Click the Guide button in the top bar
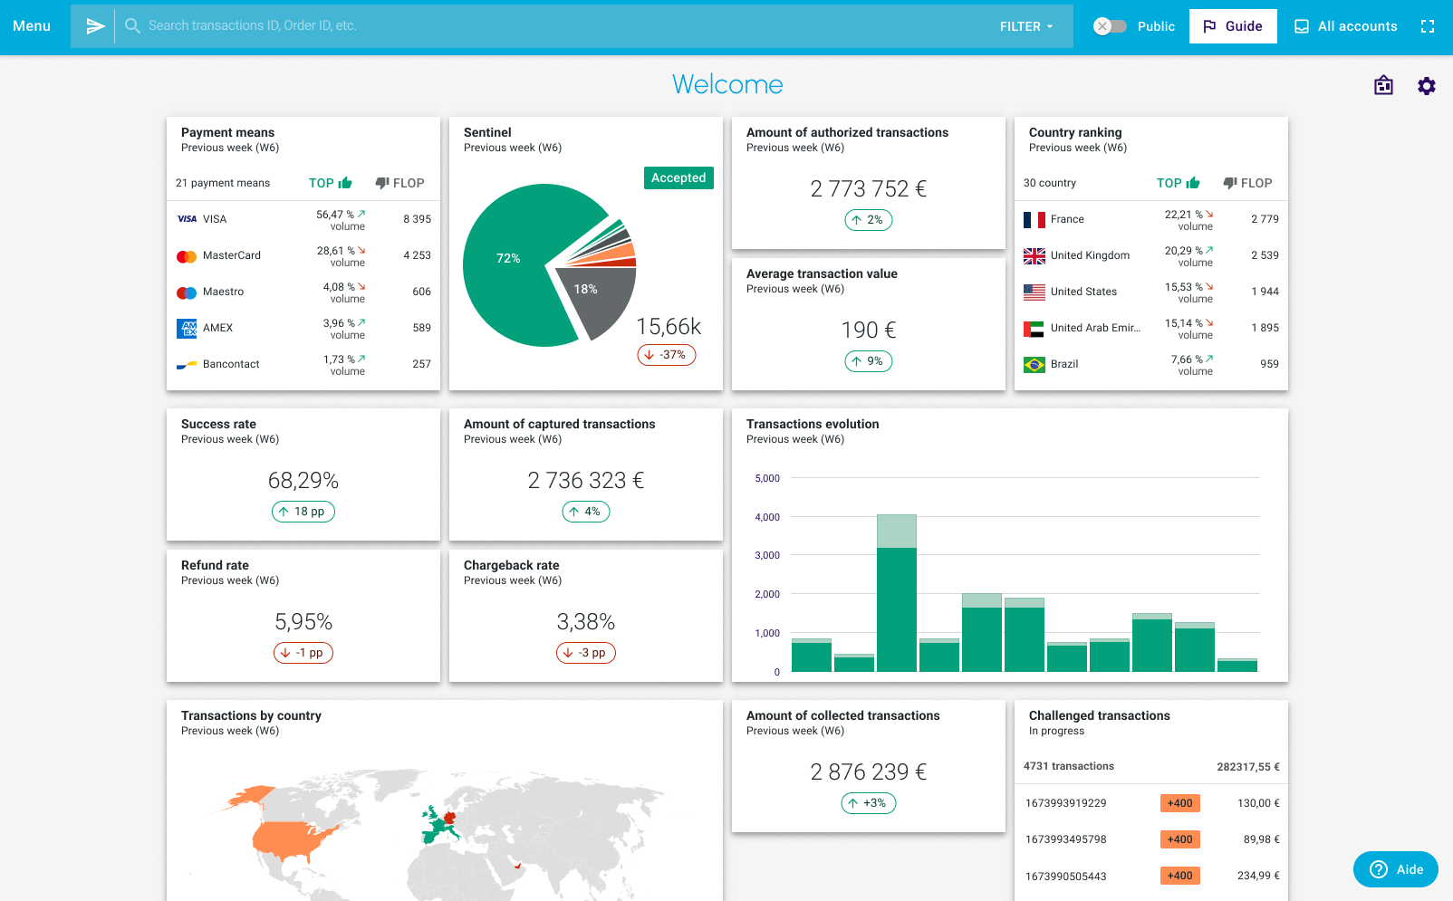click(1233, 26)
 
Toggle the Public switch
click(1110, 26)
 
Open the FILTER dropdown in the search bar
click(1026, 26)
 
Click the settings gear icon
click(1427, 86)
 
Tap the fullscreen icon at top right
click(1428, 26)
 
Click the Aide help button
click(1396, 869)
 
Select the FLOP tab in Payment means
click(399, 183)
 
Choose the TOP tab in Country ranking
click(1178, 183)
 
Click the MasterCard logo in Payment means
click(187, 256)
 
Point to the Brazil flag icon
click(1034, 364)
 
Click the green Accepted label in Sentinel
click(678, 177)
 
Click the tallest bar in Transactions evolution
click(896, 607)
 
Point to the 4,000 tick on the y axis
click(767, 517)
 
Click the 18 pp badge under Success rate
click(303, 512)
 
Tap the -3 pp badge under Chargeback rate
click(586, 653)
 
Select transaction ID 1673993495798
click(1065, 839)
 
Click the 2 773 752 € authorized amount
click(868, 188)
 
